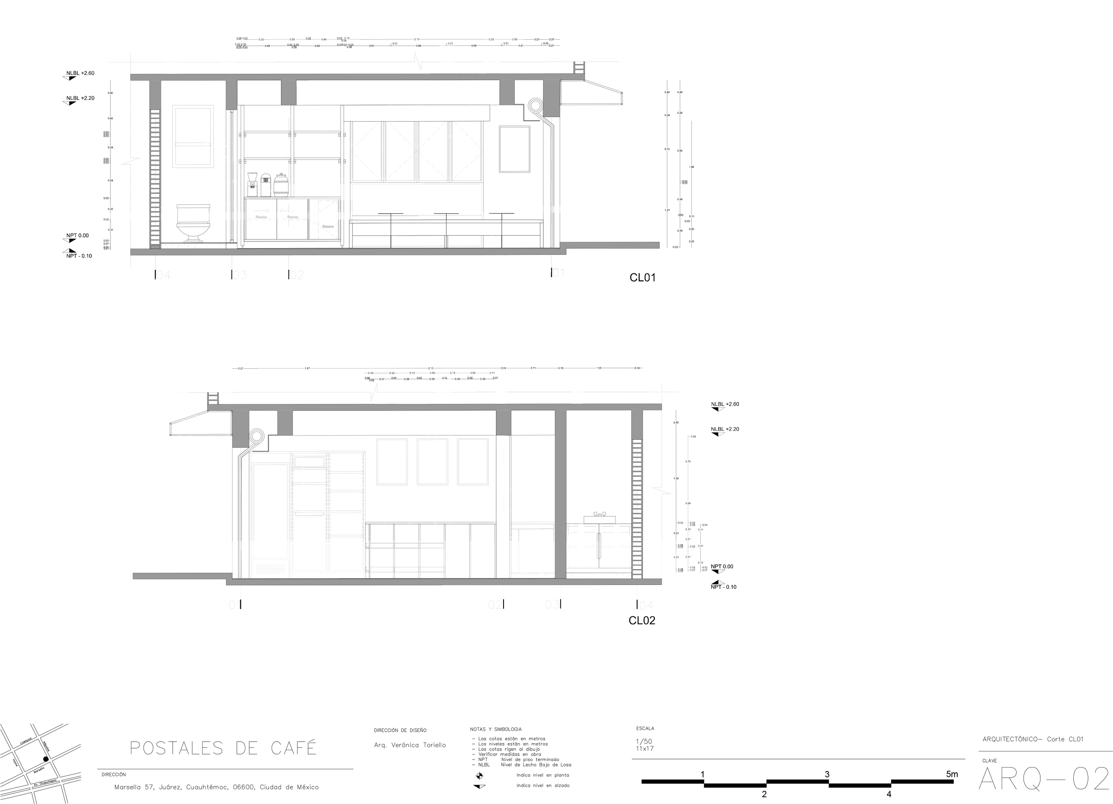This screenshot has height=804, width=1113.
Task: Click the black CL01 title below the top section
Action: [x=642, y=278]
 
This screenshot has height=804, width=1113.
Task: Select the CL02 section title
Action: [x=642, y=620]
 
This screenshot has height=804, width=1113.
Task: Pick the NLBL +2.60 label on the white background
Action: [x=725, y=404]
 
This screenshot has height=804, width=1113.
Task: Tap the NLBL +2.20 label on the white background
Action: [x=725, y=429]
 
